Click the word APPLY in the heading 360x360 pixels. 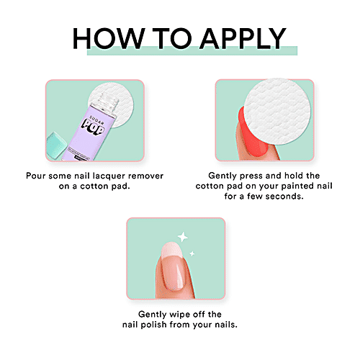tap(243, 38)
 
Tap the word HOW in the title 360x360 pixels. tap(109, 38)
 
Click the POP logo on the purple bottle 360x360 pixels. tap(93, 127)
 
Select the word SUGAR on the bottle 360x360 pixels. tap(96, 119)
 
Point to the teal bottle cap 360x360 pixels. tap(55, 145)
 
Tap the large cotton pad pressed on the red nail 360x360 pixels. tap(277, 112)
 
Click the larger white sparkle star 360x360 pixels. tap(183, 237)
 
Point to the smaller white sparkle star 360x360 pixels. tap(192, 253)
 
